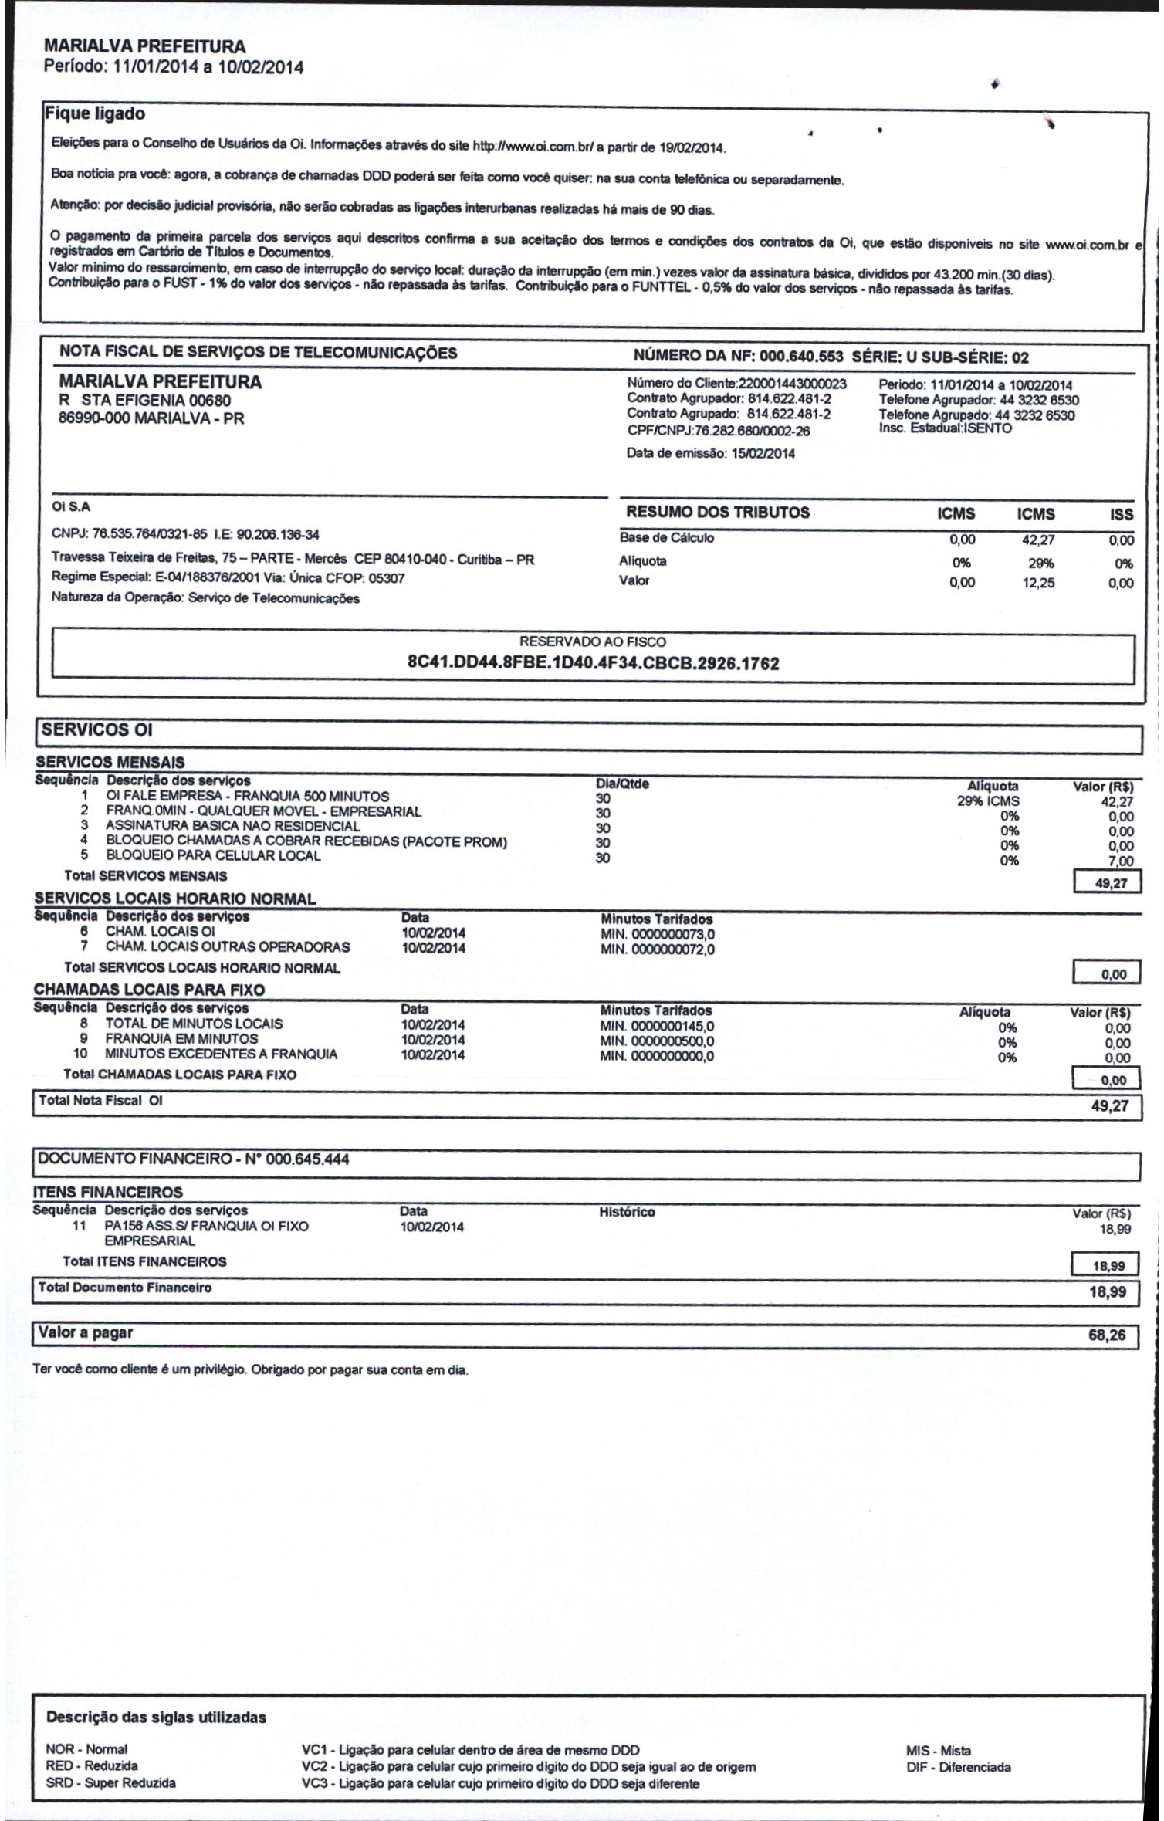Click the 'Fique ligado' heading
point(95,114)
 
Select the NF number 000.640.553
point(801,357)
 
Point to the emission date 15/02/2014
point(763,454)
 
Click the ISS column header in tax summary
point(1122,515)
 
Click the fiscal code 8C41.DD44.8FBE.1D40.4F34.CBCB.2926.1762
point(593,664)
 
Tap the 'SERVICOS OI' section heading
point(97,730)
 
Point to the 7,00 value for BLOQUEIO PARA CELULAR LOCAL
point(1121,861)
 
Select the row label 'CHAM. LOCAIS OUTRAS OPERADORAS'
point(228,947)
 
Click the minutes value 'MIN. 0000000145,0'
point(657,1026)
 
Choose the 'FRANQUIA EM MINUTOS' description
point(181,1039)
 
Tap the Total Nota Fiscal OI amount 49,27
point(1109,1106)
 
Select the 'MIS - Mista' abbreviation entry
point(939,1751)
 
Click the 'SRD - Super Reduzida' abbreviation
point(111,1782)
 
